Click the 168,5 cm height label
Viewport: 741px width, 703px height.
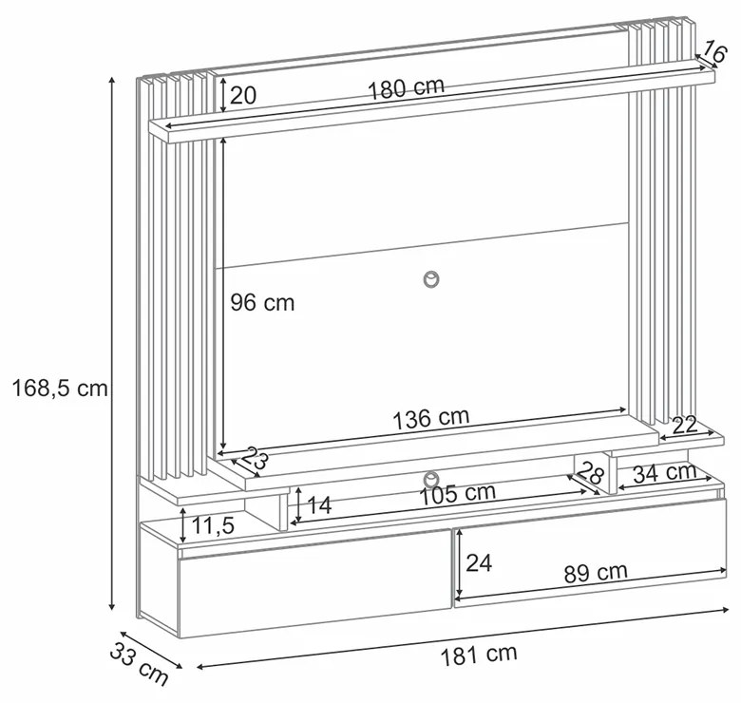(60, 389)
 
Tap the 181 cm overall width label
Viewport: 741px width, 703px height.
(479, 655)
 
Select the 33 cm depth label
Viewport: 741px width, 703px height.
(139, 664)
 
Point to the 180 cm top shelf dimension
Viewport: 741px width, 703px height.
(406, 88)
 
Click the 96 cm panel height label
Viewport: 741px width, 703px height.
(262, 302)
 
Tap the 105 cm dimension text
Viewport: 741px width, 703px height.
(458, 494)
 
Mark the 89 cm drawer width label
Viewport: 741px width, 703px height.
(596, 573)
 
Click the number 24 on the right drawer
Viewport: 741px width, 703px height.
(479, 562)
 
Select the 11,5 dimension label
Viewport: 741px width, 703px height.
(213, 525)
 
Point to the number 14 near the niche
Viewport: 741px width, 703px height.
(320, 505)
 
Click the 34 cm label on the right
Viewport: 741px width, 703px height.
(665, 473)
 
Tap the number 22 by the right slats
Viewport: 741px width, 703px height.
(685, 426)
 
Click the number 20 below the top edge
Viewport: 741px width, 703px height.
(243, 95)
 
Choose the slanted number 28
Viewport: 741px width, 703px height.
(591, 472)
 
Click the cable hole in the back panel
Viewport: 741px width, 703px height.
(430, 279)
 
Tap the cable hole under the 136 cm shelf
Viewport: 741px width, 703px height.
(430, 480)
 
